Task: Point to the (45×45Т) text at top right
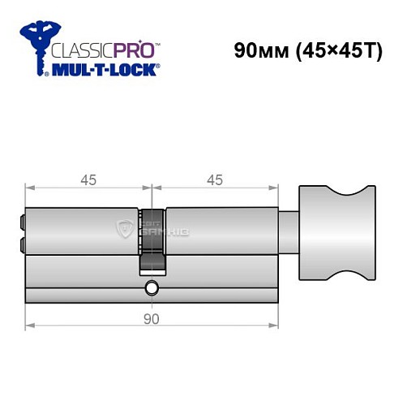[337, 50]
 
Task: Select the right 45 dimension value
[215, 180]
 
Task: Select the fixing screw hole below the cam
[151, 288]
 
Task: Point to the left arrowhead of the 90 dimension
[29, 327]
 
